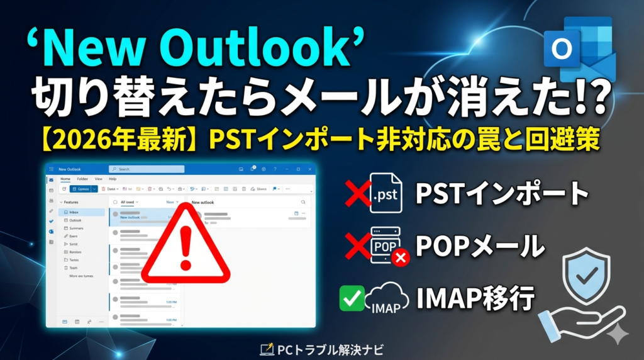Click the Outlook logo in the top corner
[579, 49]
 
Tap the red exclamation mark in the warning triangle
[185, 247]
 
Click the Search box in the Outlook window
[147, 169]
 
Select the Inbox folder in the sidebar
[74, 213]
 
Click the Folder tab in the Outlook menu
[82, 179]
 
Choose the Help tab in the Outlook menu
[113, 179]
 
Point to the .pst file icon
[385, 193]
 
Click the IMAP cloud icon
[387, 297]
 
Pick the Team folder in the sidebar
[74, 267]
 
